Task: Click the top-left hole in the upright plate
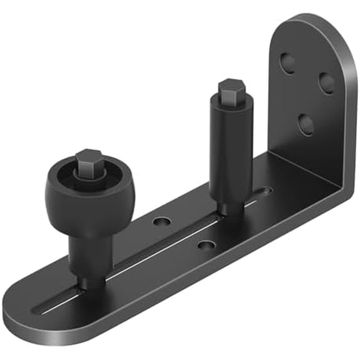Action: pos(287,61)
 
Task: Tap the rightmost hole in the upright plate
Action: pos(326,82)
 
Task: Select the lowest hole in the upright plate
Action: pos(306,124)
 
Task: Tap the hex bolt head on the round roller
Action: pos(88,161)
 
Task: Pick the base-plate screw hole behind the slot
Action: pos(162,221)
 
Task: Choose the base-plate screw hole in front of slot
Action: pos(206,244)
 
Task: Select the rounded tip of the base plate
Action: pos(16,316)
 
